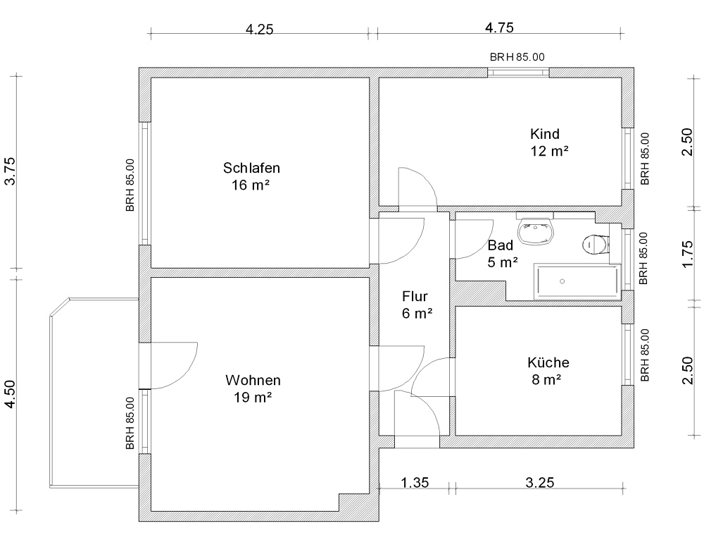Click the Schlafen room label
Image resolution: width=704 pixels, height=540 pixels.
(251, 168)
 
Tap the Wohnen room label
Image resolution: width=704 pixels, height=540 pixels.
(253, 381)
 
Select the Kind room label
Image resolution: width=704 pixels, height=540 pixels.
(545, 134)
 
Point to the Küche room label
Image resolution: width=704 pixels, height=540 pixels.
(548, 362)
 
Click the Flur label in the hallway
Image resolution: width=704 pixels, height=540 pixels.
(415, 296)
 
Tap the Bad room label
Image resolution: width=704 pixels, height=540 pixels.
(500, 245)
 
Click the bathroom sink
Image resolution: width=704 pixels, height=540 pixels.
(536, 231)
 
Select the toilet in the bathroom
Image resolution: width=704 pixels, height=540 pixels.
(596, 245)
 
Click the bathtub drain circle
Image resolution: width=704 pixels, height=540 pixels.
(562, 281)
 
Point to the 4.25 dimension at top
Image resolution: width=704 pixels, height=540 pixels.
(260, 30)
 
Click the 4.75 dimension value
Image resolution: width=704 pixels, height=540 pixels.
(499, 28)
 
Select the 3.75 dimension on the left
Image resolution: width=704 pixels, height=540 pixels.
(10, 171)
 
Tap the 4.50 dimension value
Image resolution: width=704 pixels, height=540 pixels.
(10, 394)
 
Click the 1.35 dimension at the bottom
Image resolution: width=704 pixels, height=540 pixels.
(415, 483)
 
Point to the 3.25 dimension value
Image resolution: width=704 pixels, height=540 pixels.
(540, 483)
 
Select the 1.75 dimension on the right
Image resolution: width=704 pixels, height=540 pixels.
(687, 254)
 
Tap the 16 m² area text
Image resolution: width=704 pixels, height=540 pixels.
(250, 185)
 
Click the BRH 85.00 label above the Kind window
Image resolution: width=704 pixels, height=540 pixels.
(517, 57)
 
